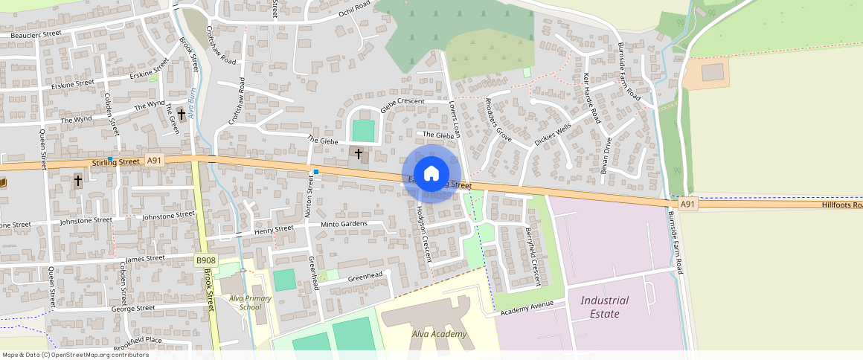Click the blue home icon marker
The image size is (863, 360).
pos(431,174)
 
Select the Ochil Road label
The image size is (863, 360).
pos(354,10)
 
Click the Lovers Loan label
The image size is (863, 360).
pos(455,120)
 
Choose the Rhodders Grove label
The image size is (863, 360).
pos(498,119)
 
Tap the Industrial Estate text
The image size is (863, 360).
pos(604,306)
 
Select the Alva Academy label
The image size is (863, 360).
pos(439,334)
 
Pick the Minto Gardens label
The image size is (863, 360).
pos(344,224)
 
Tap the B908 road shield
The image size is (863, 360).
pos(205,260)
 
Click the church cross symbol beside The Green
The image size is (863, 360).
pos(181,115)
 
